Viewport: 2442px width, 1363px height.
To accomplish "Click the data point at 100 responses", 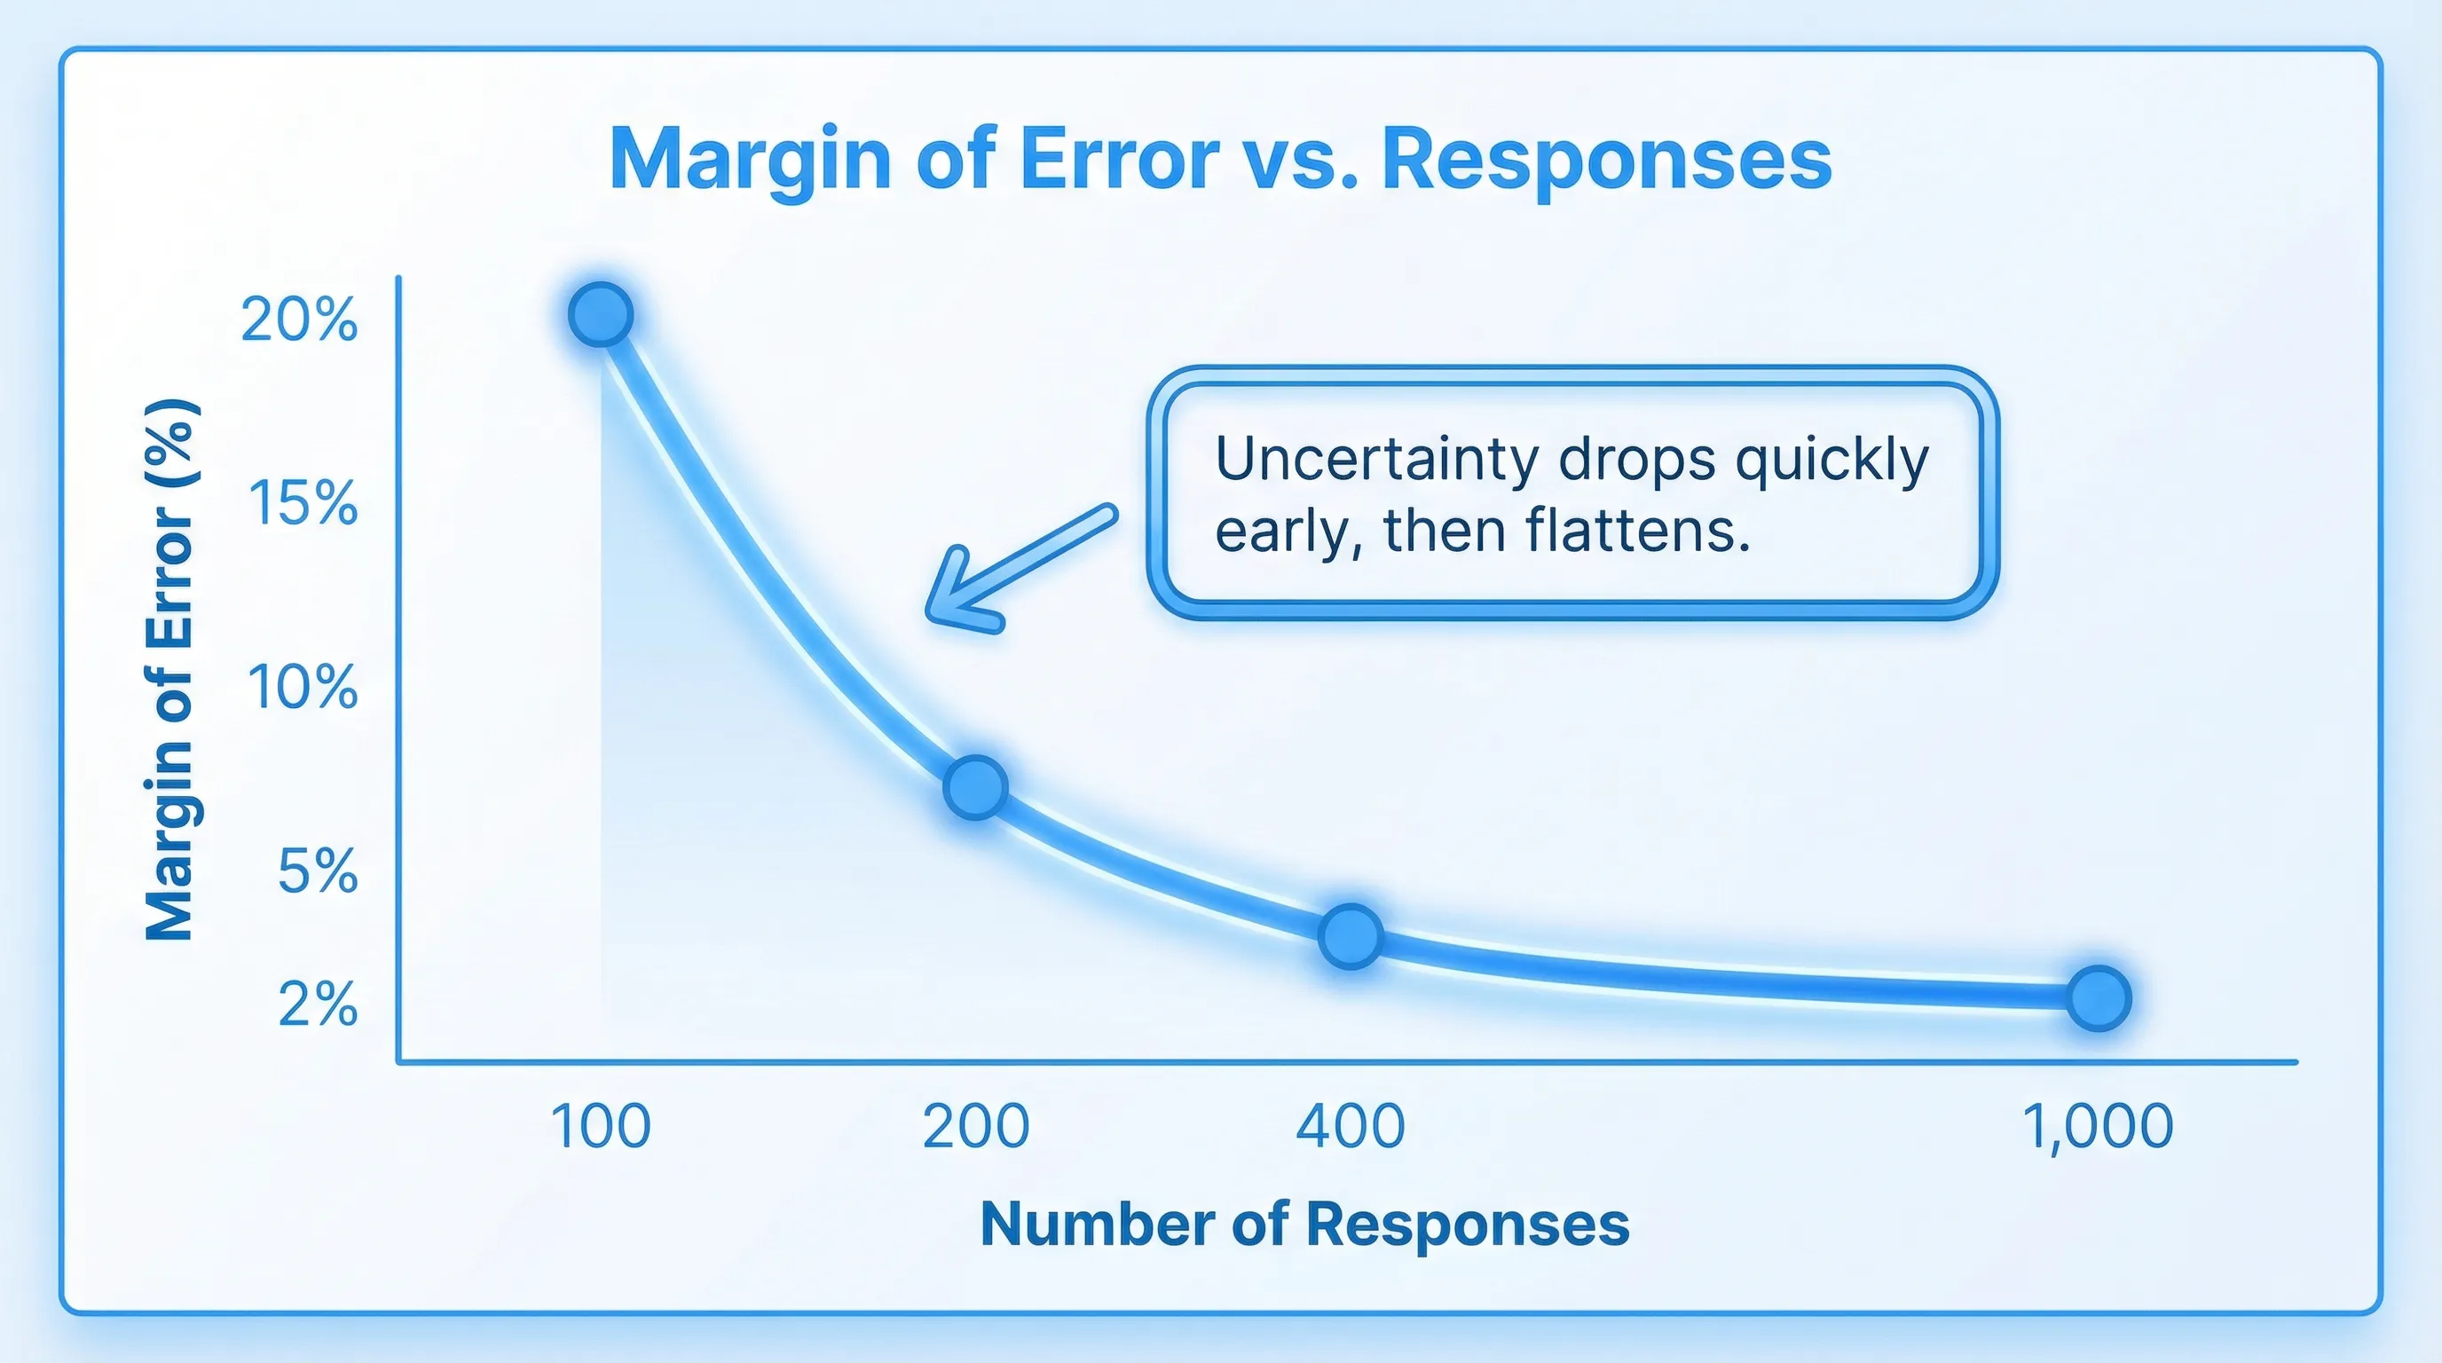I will click(x=601, y=314).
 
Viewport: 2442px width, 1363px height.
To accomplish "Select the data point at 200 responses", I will click(x=975, y=787).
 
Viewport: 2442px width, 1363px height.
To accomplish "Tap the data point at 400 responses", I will click(x=1351, y=935).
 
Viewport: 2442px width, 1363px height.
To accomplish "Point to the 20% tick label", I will click(x=299, y=319).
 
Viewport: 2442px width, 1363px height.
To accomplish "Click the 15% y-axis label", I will click(x=303, y=502).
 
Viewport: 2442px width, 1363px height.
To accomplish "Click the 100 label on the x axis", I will click(x=600, y=1126).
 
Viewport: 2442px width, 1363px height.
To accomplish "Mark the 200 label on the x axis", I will click(x=975, y=1126).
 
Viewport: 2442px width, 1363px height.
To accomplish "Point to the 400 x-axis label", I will click(x=1350, y=1126).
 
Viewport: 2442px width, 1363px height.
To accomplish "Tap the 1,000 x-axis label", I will click(x=2098, y=1126).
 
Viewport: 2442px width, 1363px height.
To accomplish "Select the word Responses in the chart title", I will click(x=1606, y=159).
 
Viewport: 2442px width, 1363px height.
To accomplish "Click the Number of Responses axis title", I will click(x=1304, y=1224).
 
